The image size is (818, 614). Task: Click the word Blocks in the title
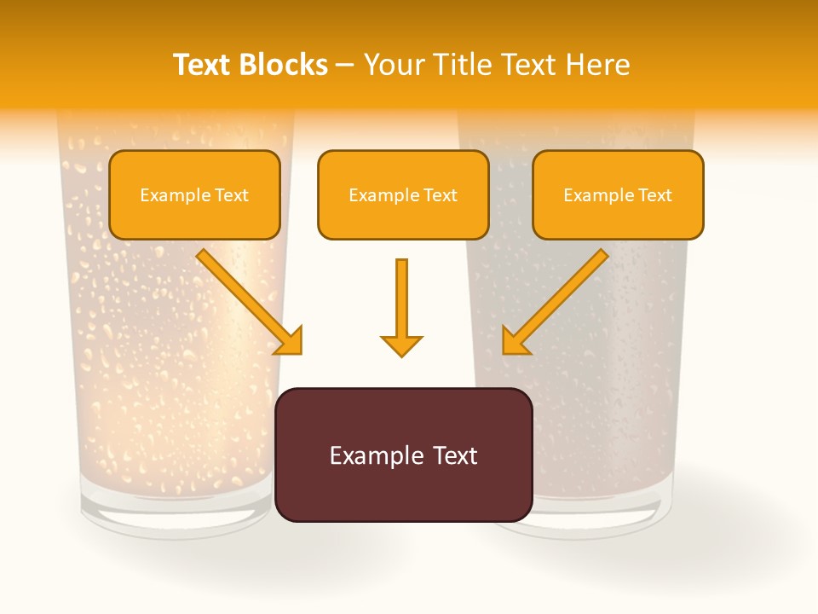click(284, 65)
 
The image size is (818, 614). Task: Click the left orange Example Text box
click(194, 194)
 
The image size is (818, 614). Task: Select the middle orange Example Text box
click(403, 194)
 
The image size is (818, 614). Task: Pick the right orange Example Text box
click(618, 194)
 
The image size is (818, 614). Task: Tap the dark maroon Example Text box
click(403, 455)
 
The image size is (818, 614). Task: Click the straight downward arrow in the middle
click(401, 307)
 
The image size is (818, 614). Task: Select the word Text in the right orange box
click(654, 195)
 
